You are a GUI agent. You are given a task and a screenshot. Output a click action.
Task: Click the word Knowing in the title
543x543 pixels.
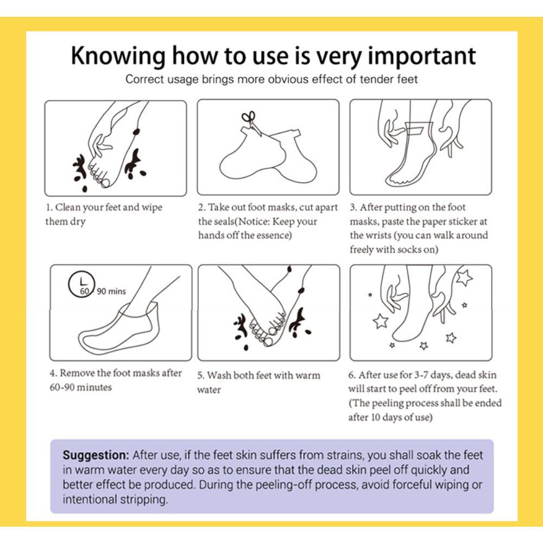[x=118, y=56]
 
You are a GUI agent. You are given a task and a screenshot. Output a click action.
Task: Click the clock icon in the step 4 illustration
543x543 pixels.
[x=82, y=285]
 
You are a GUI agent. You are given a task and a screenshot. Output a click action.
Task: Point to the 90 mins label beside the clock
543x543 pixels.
[x=111, y=291]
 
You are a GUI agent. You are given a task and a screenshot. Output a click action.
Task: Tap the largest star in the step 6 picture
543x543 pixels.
[x=464, y=277]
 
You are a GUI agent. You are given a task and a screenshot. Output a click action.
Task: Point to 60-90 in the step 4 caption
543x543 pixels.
[x=62, y=387]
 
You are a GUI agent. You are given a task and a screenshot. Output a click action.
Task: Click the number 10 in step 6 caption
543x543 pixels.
[x=375, y=417]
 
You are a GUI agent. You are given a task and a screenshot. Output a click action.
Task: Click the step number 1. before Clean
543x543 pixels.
[x=49, y=207]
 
